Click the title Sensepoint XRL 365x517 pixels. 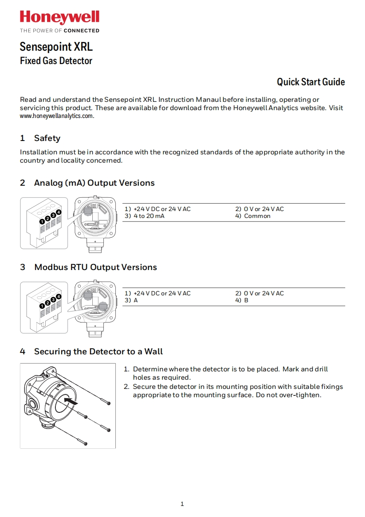click(56, 47)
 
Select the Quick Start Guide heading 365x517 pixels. click(311, 82)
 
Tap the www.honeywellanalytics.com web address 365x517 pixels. click(57, 116)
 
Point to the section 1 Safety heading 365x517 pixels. click(40, 138)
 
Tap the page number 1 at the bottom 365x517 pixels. click(182, 504)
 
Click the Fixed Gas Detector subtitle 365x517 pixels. click(56, 61)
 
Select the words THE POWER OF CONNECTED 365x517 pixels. click(59, 31)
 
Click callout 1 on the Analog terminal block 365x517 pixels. click(42, 221)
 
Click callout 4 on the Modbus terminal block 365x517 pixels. click(59, 296)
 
